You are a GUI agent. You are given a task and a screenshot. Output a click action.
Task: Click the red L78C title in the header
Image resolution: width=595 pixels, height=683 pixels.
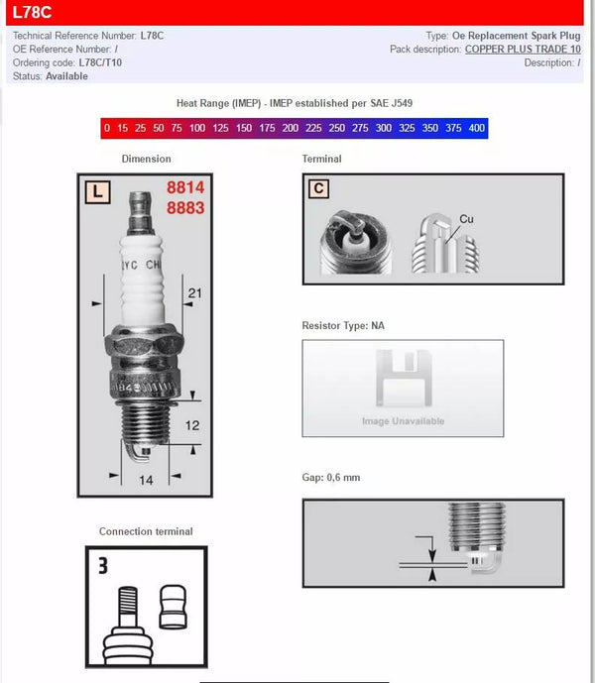pos(32,13)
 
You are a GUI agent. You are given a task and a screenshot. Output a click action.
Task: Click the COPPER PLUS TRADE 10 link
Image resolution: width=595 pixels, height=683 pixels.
pos(523,50)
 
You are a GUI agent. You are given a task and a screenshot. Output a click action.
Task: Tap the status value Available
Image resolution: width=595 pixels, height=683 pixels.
pos(66,76)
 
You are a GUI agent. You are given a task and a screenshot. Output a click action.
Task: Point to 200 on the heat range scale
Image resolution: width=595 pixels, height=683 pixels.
pos(290,129)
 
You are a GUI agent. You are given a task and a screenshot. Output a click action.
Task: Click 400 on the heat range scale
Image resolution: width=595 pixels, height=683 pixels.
pos(476,129)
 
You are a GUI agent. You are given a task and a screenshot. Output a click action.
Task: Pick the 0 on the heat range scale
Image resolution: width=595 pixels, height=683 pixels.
pos(106,129)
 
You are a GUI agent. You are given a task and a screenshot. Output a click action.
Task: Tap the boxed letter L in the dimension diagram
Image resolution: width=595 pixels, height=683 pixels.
pos(96,191)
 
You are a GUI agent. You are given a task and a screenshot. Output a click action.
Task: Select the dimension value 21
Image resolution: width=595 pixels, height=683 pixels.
pos(194,292)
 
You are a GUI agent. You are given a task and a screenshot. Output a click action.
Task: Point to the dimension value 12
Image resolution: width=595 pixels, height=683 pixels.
pos(192,424)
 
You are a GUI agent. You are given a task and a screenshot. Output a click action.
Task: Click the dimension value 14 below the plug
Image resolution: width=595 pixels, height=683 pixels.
pos(146,480)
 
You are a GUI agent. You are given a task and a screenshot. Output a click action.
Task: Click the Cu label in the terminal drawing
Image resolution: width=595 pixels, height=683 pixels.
pos(466,219)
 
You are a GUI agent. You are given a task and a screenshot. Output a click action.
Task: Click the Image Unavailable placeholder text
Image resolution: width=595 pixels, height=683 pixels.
pos(403,421)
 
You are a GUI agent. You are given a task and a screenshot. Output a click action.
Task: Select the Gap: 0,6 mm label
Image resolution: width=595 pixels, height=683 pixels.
pos(330,478)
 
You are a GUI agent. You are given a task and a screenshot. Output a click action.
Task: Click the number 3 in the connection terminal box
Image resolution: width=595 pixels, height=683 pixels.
pos(102,567)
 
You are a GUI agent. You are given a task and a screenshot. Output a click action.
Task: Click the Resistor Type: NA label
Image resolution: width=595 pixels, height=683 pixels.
pos(342,325)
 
